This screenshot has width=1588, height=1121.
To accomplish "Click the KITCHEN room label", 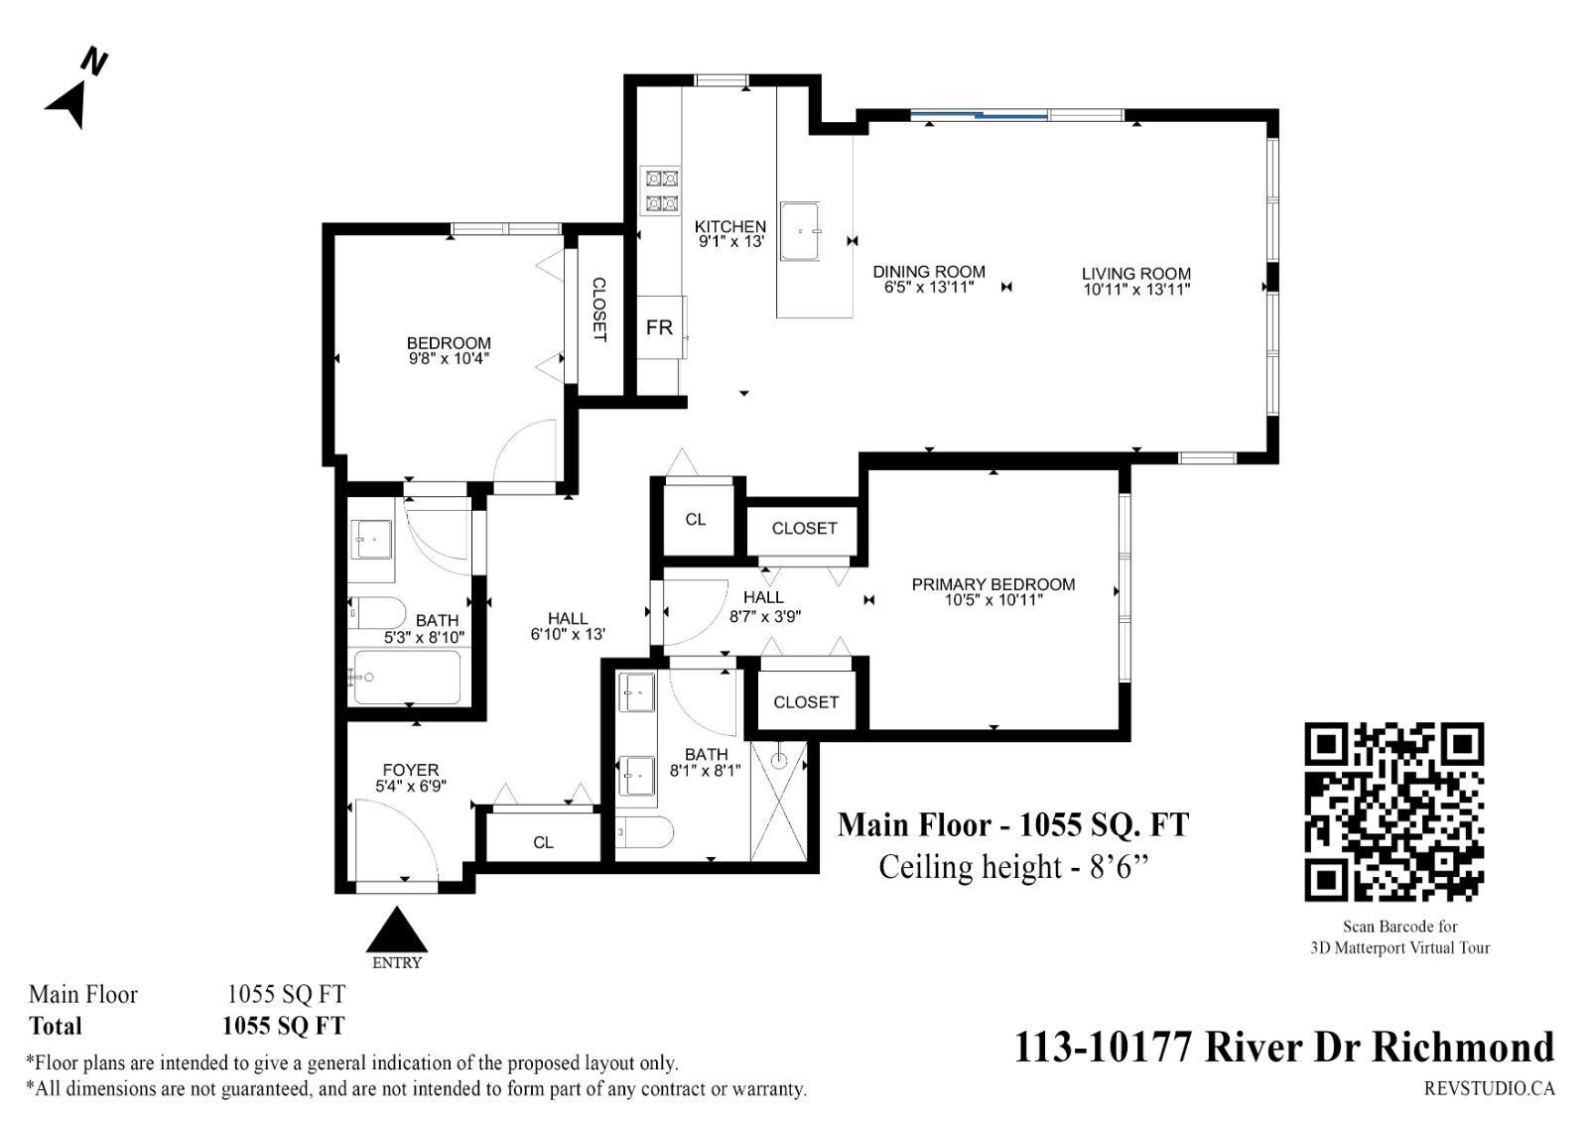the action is click(x=730, y=227).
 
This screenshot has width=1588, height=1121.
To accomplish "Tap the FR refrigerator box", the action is click(x=661, y=327).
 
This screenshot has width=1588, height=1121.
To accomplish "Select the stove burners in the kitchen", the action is click(x=661, y=190).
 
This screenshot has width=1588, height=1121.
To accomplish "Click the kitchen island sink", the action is click(x=800, y=231).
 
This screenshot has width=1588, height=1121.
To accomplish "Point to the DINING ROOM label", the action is click(x=929, y=272).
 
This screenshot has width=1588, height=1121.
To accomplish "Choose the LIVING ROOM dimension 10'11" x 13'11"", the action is click(x=1136, y=289).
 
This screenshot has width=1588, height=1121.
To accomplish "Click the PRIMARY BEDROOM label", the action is click(x=993, y=584).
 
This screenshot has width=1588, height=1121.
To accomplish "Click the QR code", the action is click(x=1393, y=812).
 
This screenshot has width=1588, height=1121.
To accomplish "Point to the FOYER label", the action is click(x=411, y=770).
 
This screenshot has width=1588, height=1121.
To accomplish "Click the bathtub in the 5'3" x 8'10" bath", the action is click(x=407, y=678).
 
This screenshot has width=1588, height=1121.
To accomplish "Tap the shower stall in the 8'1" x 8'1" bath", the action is click(x=778, y=801).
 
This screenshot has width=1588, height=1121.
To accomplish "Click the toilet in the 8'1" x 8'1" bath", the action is click(x=644, y=832).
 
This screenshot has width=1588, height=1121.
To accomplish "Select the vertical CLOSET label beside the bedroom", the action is click(x=599, y=310).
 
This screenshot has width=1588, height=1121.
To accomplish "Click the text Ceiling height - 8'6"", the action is click(x=1013, y=867).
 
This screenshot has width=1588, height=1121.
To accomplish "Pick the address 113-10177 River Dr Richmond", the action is click(x=1284, y=1047).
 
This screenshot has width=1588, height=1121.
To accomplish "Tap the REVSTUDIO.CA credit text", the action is click(x=1490, y=1088).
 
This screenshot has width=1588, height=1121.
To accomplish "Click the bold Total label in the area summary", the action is click(x=56, y=1026).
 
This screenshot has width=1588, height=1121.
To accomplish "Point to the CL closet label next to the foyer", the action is click(x=543, y=842).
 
